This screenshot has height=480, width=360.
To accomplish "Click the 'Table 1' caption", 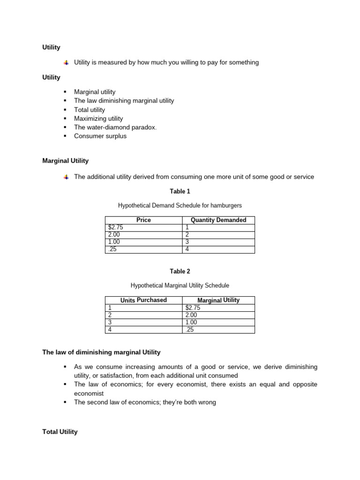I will [x=180, y=191].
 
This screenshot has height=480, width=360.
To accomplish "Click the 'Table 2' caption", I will [x=180, y=271].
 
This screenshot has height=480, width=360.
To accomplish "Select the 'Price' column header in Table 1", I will [x=143, y=220].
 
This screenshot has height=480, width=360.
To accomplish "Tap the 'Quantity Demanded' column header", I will [x=218, y=220].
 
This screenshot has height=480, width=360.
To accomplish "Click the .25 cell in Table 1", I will [x=112, y=249].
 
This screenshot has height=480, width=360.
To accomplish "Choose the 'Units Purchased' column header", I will [x=143, y=300].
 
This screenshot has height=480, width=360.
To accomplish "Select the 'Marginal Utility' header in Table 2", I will [x=218, y=300].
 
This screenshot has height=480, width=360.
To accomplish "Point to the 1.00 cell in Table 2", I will [x=191, y=322].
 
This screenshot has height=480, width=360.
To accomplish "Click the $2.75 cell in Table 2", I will [x=193, y=307].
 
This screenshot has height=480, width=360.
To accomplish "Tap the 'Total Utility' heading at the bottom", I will [x=60, y=432].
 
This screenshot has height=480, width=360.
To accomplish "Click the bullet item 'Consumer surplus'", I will [x=100, y=136].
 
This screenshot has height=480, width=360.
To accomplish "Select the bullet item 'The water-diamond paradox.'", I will [x=115, y=127].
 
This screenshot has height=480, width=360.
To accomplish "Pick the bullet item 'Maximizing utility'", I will [x=98, y=119].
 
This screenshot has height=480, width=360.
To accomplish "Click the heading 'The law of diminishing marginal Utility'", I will [x=101, y=352].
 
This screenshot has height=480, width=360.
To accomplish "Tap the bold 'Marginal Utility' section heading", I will [x=65, y=161].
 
